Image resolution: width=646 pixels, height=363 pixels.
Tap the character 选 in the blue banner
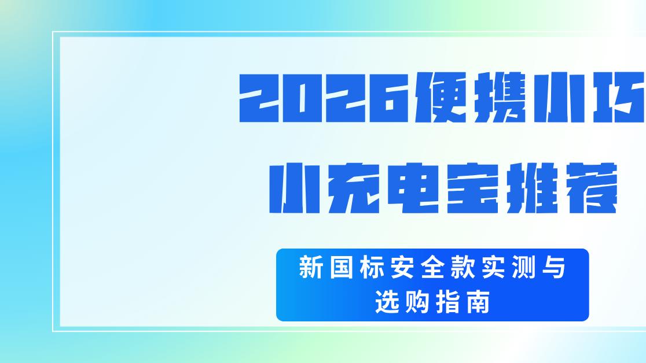coord(386,302)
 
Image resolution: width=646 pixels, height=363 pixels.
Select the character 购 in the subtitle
coord(417,302)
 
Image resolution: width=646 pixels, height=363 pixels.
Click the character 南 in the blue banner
coord(478,302)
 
